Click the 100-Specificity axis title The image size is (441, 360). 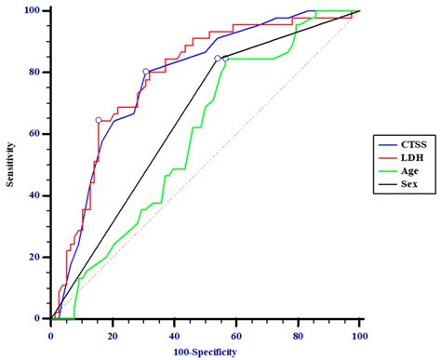click(x=205, y=351)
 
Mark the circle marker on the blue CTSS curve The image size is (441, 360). click(x=146, y=72)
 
